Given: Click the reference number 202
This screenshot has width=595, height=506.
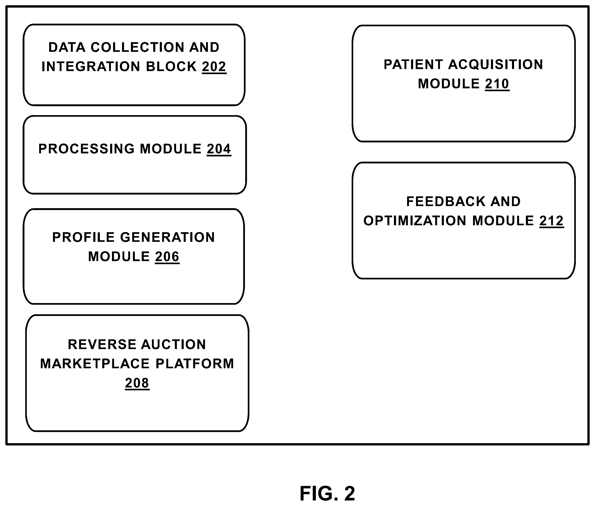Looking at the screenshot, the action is (214, 67).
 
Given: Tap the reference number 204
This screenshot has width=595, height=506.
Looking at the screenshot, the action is (219, 149).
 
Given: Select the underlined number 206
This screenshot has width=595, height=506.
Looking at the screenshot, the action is (167, 257).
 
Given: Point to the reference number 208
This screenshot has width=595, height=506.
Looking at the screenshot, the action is (137, 383).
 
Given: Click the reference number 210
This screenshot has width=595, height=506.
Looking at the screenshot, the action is (497, 84).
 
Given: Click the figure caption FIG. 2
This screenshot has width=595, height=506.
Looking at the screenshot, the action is (327, 493).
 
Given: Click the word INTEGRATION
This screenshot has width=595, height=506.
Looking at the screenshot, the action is (91, 67).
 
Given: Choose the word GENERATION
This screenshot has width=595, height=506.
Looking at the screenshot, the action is (167, 237).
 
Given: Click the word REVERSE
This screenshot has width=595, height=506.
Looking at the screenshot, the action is (102, 345).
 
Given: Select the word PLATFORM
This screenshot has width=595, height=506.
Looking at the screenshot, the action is (195, 364).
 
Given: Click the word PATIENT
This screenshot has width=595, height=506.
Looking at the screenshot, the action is (413, 65).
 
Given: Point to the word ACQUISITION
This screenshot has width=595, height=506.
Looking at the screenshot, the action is (496, 65).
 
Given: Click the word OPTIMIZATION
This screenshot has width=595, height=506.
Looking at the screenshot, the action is (415, 221).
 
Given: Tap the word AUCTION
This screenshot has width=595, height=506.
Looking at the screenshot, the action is (173, 345).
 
